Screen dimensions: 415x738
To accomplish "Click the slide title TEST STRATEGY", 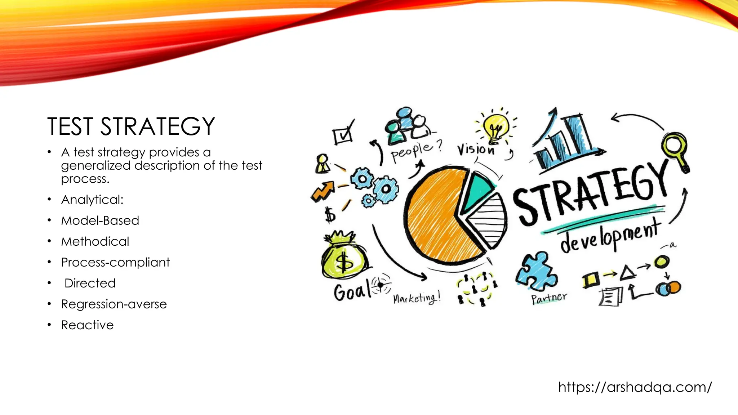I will click(x=131, y=126).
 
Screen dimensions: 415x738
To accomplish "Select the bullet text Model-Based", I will click(x=100, y=220).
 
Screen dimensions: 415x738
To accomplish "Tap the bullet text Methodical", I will click(x=95, y=241).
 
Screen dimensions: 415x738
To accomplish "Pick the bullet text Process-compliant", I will click(x=115, y=262).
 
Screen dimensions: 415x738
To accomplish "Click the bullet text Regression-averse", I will click(x=114, y=304).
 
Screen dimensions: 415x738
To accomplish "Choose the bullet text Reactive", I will click(x=88, y=325).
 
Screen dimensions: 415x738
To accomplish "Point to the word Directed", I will click(x=90, y=283).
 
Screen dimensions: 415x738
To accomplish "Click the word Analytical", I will click(x=92, y=200).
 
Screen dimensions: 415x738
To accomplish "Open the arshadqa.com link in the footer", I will click(x=635, y=387).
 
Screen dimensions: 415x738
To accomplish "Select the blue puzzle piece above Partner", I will click(x=536, y=272).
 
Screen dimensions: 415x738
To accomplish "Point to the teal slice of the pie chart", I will click(x=476, y=191).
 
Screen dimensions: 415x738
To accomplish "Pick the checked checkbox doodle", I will click(x=343, y=134).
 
